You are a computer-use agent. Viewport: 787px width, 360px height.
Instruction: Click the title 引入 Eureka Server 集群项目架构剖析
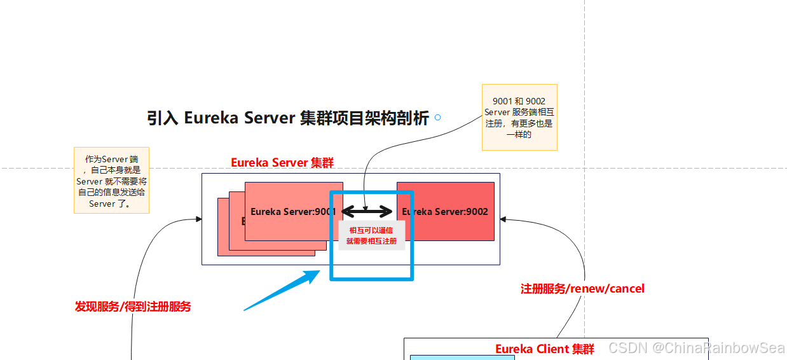(287, 118)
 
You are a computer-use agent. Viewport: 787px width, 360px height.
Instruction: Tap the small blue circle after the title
(437, 118)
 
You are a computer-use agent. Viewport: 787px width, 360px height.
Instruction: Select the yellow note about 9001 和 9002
(519, 117)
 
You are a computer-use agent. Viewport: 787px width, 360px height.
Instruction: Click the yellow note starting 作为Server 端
(111, 181)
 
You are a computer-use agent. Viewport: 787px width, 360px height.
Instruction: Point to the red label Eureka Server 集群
(282, 163)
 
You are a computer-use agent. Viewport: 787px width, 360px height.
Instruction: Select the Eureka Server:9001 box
(285, 211)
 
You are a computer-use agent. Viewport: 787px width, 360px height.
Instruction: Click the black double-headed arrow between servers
(367, 211)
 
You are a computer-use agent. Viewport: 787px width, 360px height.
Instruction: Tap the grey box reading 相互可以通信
(371, 236)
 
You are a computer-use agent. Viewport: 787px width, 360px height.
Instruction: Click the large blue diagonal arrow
(282, 291)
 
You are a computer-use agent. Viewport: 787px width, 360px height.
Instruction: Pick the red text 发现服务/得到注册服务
(133, 307)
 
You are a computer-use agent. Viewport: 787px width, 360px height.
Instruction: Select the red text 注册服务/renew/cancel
(582, 289)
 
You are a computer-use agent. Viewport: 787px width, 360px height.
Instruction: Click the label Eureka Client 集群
(545, 349)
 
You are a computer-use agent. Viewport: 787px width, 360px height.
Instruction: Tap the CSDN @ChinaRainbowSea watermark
(696, 348)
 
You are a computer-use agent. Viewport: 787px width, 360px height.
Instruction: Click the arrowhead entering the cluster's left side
(198, 219)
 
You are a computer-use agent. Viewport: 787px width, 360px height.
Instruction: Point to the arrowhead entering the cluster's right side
(503, 219)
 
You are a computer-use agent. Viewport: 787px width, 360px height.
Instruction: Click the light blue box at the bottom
(462, 357)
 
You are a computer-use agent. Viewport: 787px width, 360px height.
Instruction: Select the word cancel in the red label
(627, 289)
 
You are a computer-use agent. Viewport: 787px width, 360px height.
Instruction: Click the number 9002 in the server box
(477, 211)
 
